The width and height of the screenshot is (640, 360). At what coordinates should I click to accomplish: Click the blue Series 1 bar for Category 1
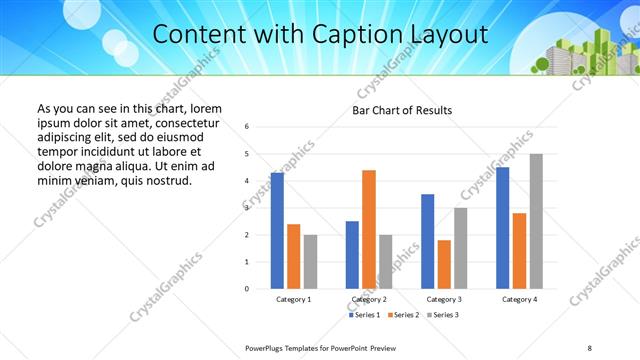(x=277, y=230)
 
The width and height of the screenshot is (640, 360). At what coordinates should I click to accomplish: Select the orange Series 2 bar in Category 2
(x=369, y=229)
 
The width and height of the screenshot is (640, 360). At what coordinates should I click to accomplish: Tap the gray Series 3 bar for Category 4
(x=536, y=221)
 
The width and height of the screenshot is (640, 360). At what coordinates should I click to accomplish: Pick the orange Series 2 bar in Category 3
(x=444, y=264)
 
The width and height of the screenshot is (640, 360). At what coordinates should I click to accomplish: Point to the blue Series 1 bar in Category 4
(x=503, y=228)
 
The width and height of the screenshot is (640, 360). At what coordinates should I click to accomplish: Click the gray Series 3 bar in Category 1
(x=310, y=261)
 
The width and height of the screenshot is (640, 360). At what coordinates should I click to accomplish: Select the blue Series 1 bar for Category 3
(x=428, y=241)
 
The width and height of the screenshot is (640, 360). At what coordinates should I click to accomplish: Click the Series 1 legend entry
(x=365, y=315)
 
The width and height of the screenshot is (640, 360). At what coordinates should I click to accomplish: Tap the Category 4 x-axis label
(x=519, y=299)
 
